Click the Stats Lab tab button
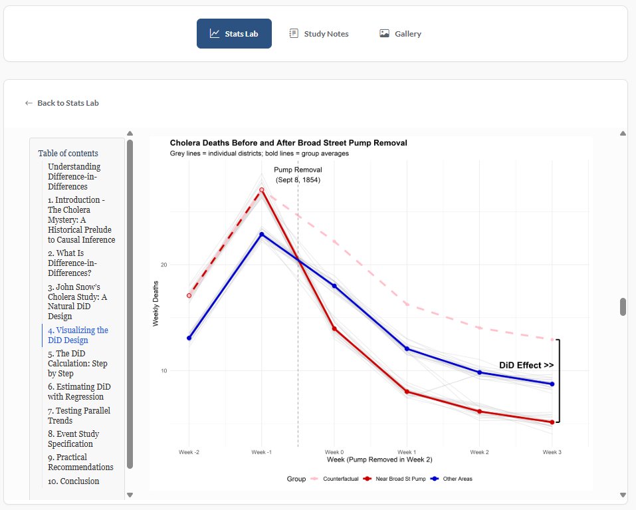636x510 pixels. (x=234, y=34)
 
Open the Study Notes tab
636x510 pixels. (x=318, y=34)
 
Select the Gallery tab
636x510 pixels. (x=400, y=34)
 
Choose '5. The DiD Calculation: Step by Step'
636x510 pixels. (x=77, y=363)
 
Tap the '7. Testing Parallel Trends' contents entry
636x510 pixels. (x=78, y=415)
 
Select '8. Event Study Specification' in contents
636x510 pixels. (x=73, y=439)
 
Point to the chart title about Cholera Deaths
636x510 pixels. (x=288, y=143)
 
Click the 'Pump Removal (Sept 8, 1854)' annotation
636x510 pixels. (x=298, y=174)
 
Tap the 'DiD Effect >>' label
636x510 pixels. (x=526, y=365)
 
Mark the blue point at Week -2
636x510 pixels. (x=189, y=338)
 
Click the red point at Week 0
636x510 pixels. (x=334, y=328)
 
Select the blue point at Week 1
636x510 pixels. (x=407, y=348)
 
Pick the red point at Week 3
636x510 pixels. (x=552, y=422)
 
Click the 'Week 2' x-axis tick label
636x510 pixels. (x=479, y=452)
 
